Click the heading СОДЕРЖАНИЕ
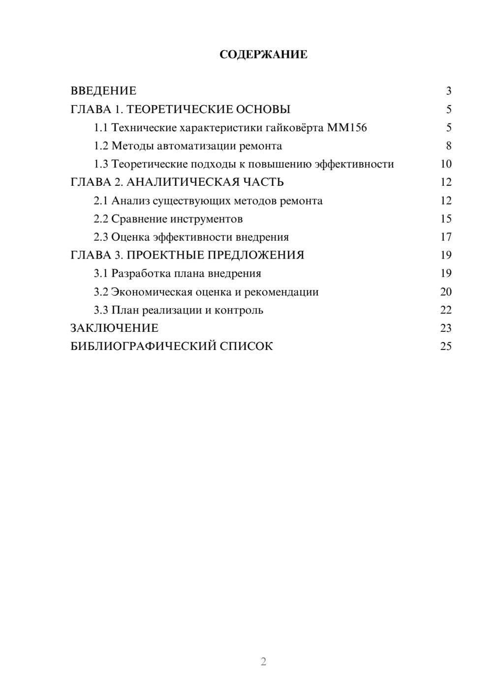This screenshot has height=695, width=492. (x=263, y=55)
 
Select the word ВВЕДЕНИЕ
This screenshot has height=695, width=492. (x=103, y=91)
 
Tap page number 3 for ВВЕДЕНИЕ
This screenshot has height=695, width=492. (x=448, y=91)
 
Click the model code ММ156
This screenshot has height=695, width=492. (x=347, y=128)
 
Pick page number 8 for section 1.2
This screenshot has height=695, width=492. (x=448, y=146)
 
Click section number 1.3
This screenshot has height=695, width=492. (x=101, y=164)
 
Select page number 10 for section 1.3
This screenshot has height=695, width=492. (x=446, y=164)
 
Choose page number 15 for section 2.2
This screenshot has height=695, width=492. (x=446, y=219)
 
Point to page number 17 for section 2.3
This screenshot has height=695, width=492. (x=446, y=237)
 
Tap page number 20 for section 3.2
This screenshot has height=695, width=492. (x=446, y=292)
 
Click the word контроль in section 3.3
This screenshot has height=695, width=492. (x=241, y=310)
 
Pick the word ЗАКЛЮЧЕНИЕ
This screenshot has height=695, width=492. (x=114, y=328)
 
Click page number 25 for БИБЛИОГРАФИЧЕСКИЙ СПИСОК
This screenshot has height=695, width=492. (x=446, y=347)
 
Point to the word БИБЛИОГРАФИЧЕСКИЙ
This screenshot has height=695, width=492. (x=143, y=347)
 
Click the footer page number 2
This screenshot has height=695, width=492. (x=263, y=662)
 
